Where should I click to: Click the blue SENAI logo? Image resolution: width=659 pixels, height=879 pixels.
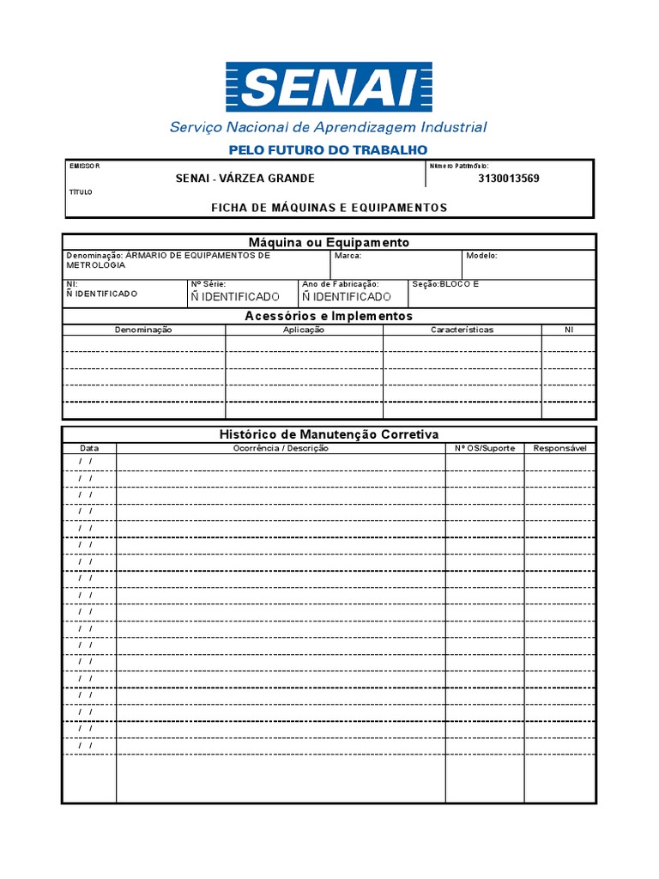[x=329, y=87]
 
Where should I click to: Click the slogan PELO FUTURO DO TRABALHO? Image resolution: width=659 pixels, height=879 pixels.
[x=328, y=150]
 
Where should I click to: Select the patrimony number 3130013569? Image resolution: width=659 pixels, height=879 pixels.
[x=509, y=179]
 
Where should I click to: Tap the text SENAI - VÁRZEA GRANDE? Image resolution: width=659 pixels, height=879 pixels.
[x=245, y=179]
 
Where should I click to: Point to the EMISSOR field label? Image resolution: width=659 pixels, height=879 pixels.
[x=84, y=166]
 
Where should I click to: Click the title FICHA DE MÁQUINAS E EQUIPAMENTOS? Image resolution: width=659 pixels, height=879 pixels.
[x=329, y=208]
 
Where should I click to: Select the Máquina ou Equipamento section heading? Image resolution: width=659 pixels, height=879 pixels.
[x=329, y=243]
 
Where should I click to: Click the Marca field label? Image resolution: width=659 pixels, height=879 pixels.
[x=348, y=256]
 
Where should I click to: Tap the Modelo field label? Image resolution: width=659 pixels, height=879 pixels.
[x=481, y=256]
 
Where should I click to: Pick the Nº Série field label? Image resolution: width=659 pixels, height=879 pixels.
[x=208, y=283]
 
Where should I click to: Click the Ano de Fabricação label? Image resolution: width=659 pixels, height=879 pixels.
[x=340, y=283]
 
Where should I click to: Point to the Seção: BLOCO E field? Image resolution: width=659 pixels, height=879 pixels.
[x=445, y=283]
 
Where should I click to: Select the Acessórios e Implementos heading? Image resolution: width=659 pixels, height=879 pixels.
[x=329, y=317]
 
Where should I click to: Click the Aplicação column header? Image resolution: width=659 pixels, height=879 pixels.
[x=304, y=330]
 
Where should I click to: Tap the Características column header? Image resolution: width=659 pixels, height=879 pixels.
[x=462, y=330]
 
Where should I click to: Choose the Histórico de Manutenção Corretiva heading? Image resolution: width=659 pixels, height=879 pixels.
[x=329, y=435]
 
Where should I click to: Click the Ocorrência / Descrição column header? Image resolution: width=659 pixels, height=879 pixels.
[x=281, y=448]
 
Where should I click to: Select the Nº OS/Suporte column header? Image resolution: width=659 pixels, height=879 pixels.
[x=485, y=448]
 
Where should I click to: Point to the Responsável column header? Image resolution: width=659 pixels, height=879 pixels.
[x=559, y=448]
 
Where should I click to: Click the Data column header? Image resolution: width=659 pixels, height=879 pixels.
[x=89, y=448]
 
